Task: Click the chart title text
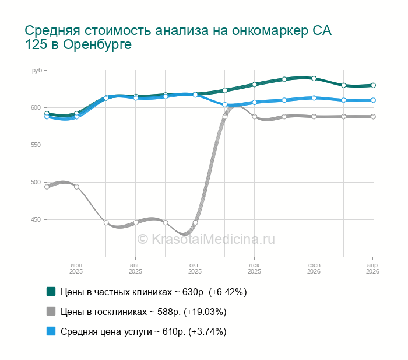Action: [178, 37]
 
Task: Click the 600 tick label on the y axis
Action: [37, 108]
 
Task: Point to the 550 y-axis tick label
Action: [37, 145]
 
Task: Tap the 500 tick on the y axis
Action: [37, 183]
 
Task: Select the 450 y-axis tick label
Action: [37, 220]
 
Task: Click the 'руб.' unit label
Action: [37, 71]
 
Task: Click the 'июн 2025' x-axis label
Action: [76, 268]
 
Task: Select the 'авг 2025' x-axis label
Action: [135, 268]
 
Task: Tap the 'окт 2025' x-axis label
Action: [195, 268]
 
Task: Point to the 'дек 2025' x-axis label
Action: [254, 268]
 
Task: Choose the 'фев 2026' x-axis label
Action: [314, 268]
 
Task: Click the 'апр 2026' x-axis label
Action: [372, 268]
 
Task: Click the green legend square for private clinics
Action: [51, 292]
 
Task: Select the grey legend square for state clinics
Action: [51, 312]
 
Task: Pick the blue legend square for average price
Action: [51, 331]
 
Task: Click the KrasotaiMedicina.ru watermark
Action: [205, 239]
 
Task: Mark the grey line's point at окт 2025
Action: [195, 223]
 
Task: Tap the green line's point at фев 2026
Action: [314, 78]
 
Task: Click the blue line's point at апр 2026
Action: [373, 100]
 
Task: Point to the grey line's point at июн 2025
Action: [76, 187]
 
